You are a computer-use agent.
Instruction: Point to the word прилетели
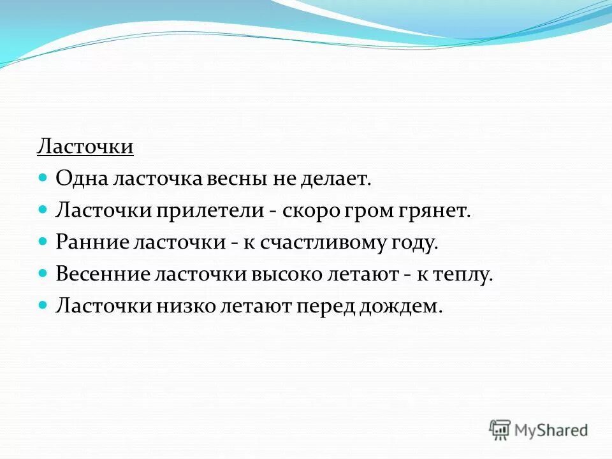tap(205, 211)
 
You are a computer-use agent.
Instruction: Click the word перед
tap(324, 307)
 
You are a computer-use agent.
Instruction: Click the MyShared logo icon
tap(500, 429)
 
